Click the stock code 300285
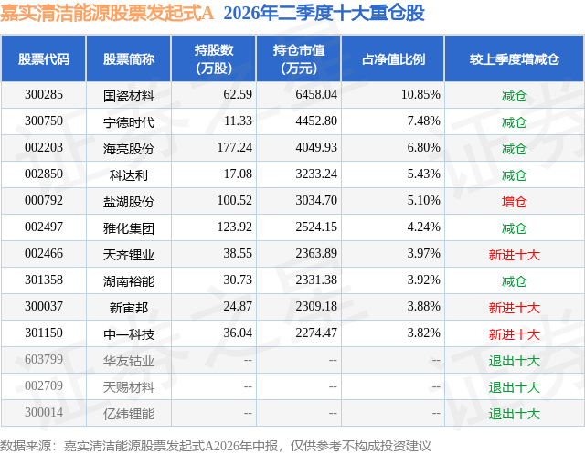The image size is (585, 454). [44, 95]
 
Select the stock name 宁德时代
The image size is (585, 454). [129, 121]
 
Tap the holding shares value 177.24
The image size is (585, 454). [235, 148]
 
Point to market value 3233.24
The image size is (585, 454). [316, 174]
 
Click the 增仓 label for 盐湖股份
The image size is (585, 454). [514, 202]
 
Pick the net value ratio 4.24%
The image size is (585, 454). [424, 227]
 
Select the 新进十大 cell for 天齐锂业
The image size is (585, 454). [514, 255]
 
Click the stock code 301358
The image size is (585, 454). [44, 280]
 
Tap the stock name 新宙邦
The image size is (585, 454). [129, 308]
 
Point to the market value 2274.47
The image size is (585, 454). [316, 333]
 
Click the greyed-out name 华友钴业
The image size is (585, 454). [129, 361]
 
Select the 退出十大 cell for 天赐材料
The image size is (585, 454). [514, 387]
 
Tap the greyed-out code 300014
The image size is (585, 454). [44, 412]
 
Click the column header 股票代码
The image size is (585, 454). [44, 58]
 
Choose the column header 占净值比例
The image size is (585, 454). [393, 58]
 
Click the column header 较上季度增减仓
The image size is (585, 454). [514, 58]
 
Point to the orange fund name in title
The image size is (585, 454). [107, 13]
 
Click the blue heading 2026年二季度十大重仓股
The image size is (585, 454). [324, 13]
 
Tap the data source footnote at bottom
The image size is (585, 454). [216, 446]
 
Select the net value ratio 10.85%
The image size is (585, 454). [420, 95]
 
